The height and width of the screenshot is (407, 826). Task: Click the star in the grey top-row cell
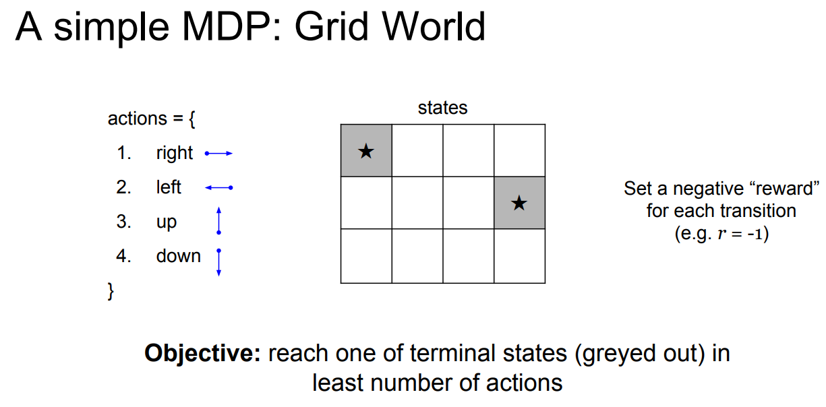pyautogui.click(x=365, y=151)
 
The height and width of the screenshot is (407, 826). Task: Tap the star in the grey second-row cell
pyautogui.click(x=519, y=202)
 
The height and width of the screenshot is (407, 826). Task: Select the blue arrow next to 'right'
pyautogui.click(x=218, y=154)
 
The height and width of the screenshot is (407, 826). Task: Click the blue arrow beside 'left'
pyautogui.click(x=218, y=187)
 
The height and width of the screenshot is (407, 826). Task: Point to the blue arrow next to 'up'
pyautogui.click(x=218, y=221)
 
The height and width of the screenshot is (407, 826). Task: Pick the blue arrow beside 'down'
pyautogui.click(x=218, y=262)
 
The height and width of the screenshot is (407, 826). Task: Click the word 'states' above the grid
pyautogui.click(x=442, y=108)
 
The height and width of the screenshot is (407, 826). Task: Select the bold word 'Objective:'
pyautogui.click(x=202, y=354)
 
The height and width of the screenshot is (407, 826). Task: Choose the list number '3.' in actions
pyautogui.click(x=124, y=222)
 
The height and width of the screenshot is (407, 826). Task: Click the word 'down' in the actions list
pyautogui.click(x=178, y=256)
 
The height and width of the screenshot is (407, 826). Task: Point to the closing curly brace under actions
pyautogui.click(x=111, y=291)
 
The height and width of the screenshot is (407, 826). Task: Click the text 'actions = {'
pyautogui.click(x=152, y=119)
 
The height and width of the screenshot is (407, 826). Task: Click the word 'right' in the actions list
pyautogui.click(x=174, y=154)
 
